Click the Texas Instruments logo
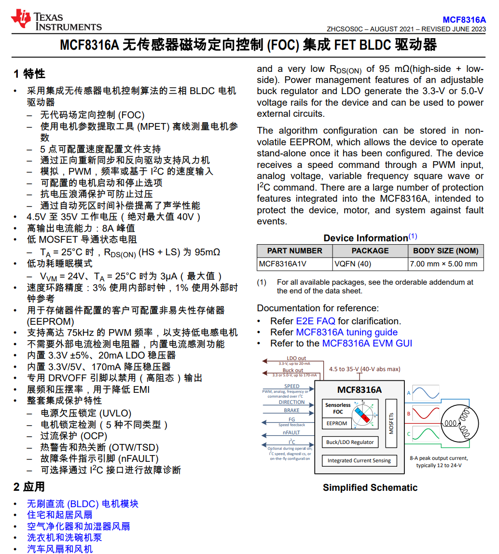tap(56, 21)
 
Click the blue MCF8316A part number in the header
tap(464, 20)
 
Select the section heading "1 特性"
tap(29, 74)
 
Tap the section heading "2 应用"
tap(29, 487)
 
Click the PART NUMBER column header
tap(294, 251)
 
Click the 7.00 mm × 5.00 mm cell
tap(444, 264)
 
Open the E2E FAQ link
tap(316, 321)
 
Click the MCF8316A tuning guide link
tap(347, 332)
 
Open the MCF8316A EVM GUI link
tap(367, 344)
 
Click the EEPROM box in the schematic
tap(337, 423)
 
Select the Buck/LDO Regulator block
tap(350, 442)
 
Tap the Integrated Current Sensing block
tap(359, 460)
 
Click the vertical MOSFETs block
tap(391, 423)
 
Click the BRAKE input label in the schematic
tap(291, 410)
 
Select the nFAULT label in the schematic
tap(291, 432)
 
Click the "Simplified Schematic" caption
tap(370, 487)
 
